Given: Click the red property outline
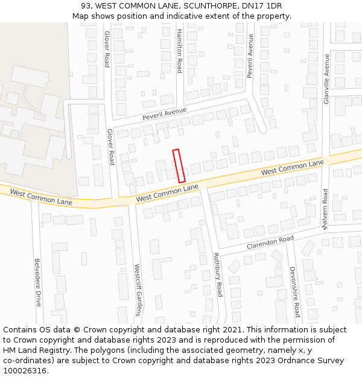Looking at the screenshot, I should pyautogui.click(x=179, y=166).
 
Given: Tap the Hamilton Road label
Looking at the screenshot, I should pyautogui.click(x=179, y=51).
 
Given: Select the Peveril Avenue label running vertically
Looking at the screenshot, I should pyautogui.click(x=250, y=56).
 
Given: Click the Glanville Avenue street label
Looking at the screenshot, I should pyautogui.click(x=326, y=79).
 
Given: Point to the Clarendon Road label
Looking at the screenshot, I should pyautogui.click(x=270, y=243).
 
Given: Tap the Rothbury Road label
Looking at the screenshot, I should pyautogui.click(x=218, y=274).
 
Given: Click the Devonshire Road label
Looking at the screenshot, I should pyautogui.click(x=294, y=292).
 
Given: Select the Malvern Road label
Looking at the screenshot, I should pyautogui.click(x=325, y=209).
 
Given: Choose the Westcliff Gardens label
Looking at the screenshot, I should pyautogui.click(x=138, y=290).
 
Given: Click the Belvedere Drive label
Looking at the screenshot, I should pyautogui.click(x=37, y=282).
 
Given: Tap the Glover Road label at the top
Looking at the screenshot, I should pyautogui.click(x=107, y=49).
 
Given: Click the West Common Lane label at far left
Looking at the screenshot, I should pyautogui.click(x=41, y=198).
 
